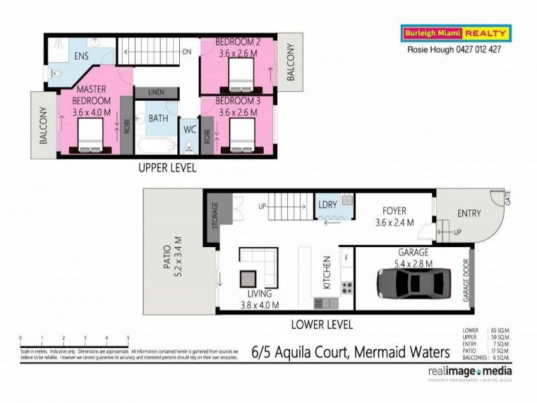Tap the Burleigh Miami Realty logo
click(455, 33)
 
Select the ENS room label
click(82, 56)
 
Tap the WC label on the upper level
click(189, 129)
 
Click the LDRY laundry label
click(327, 204)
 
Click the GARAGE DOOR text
click(466, 281)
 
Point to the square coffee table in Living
click(249, 277)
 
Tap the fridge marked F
click(346, 257)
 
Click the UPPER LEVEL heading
click(167, 168)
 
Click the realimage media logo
click(469, 373)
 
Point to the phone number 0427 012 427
click(473, 49)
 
